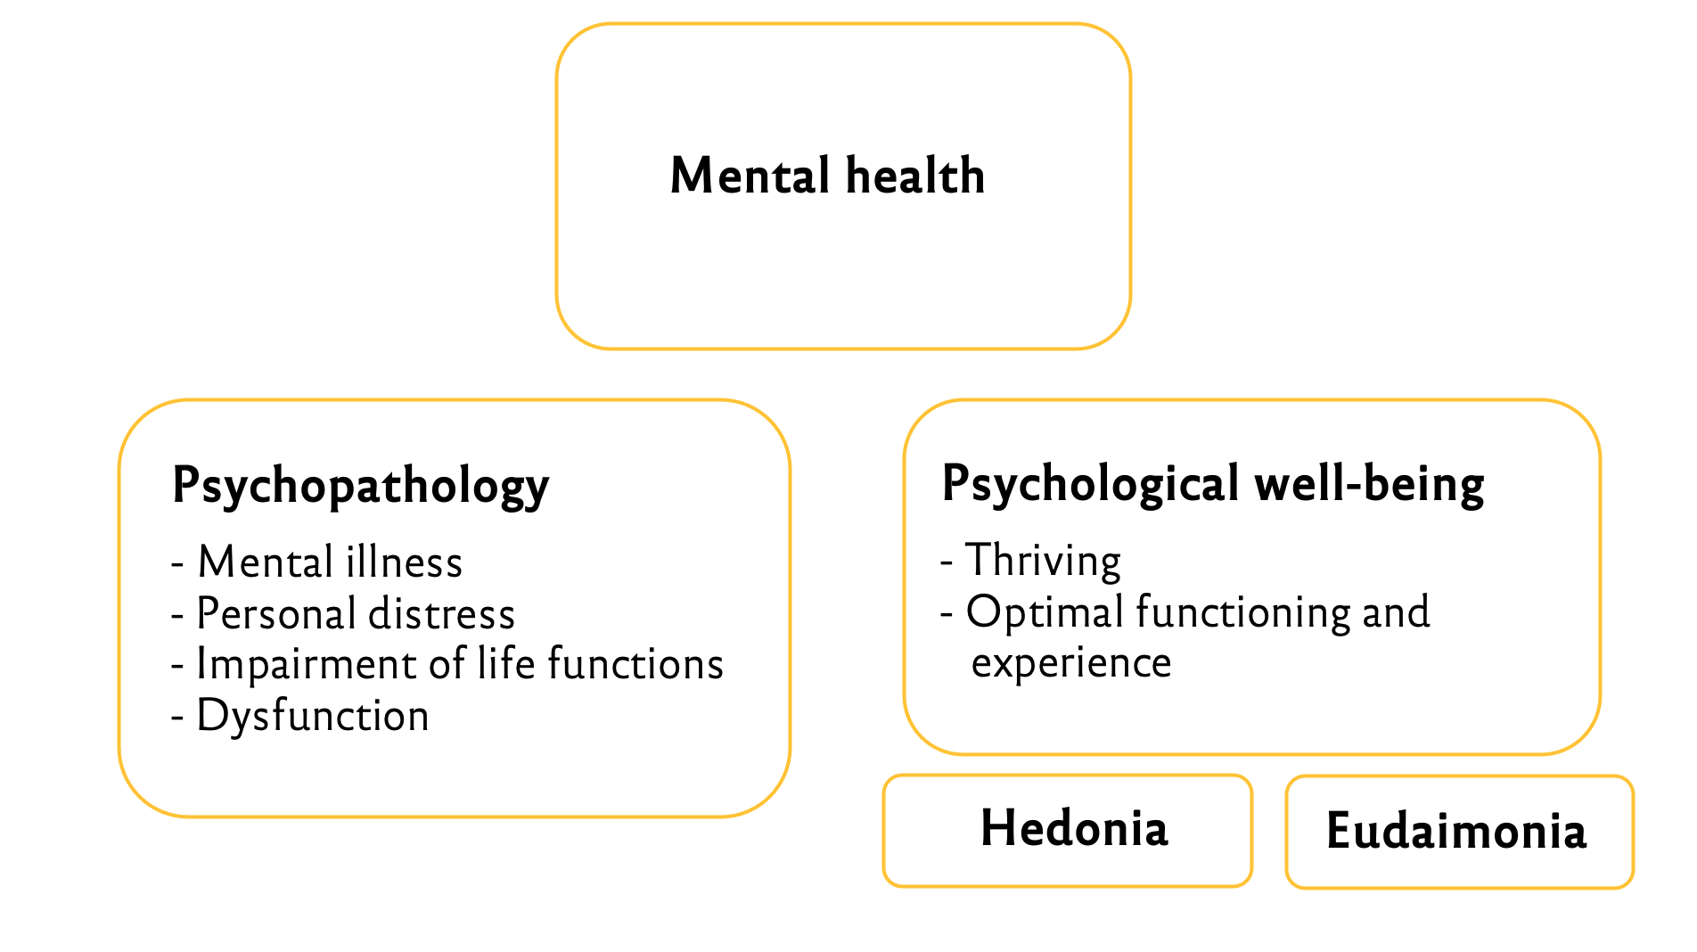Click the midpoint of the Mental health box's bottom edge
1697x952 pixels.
(x=843, y=348)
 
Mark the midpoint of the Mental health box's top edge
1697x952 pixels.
(x=843, y=25)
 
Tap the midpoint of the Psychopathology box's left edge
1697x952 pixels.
(x=120, y=608)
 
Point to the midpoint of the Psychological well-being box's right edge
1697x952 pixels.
(x=1599, y=577)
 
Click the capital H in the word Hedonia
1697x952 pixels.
(x=998, y=828)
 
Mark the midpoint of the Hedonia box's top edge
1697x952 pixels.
(x=1068, y=776)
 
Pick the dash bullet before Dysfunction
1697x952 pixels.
(x=178, y=718)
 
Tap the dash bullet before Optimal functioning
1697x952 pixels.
(x=947, y=615)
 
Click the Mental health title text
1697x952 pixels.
(x=828, y=175)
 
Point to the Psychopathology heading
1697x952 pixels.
(x=361, y=487)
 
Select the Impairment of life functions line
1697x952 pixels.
(x=447, y=664)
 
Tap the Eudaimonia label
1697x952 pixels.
(x=1456, y=831)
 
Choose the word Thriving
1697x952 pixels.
(x=1043, y=562)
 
